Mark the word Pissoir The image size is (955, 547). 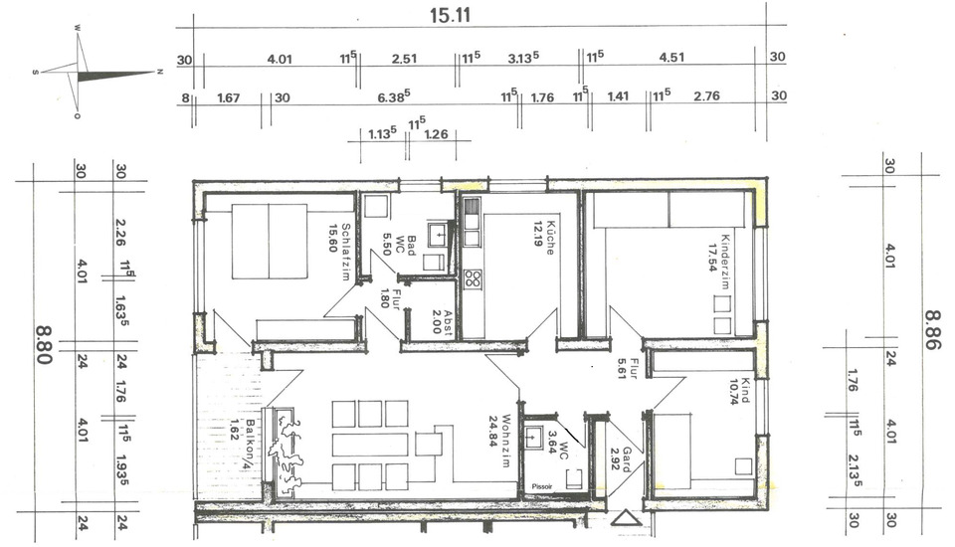541,487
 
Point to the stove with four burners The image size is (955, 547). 472,279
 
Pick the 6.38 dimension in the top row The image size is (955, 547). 395,96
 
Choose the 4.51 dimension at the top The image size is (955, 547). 672,58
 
